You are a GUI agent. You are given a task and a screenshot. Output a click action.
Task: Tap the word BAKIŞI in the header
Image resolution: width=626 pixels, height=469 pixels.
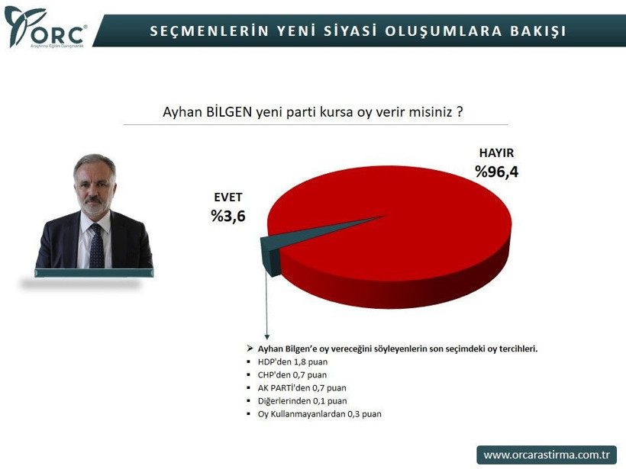coord(538,31)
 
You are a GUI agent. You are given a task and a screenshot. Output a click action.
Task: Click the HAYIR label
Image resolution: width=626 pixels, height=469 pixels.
coord(496,153)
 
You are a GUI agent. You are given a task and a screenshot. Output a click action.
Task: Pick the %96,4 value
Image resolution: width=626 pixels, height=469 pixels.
coord(496,172)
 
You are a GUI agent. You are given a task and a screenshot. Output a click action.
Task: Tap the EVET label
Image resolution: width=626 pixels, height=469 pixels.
coord(227,198)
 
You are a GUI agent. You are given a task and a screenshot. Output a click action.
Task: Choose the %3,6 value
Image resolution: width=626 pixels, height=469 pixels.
coord(227,217)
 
